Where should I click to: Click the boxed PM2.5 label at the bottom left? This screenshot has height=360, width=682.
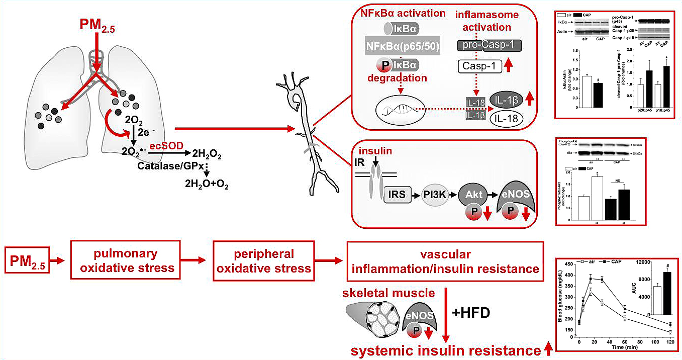(28, 261)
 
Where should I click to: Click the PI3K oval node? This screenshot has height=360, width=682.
(435, 194)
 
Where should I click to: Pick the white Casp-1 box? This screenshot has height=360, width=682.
(479, 66)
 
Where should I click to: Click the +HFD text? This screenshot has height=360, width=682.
(472, 313)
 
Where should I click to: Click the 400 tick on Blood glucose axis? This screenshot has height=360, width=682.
(571, 275)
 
